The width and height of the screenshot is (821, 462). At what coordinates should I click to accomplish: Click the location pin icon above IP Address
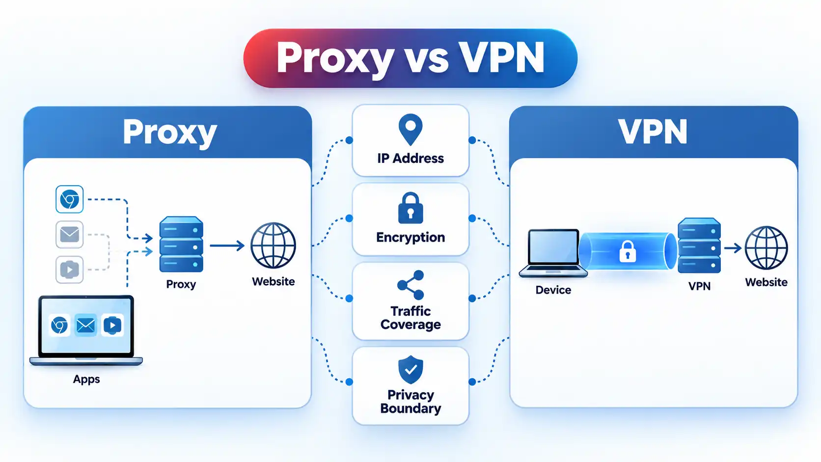pyautogui.click(x=410, y=129)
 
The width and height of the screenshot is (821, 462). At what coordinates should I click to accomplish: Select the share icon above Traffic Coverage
pyautogui.click(x=410, y=285)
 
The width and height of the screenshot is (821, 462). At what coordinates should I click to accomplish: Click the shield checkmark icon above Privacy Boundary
pyautogui.click(x=410, y=369)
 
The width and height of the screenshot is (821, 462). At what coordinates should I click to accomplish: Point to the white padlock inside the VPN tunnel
pyautogui.click(x=628, y=251)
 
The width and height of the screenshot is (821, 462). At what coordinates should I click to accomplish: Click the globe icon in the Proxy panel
pyautogui.click(x=273, y=245)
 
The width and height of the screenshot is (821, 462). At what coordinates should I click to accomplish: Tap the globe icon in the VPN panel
pyautogui.click(x=766, y=248)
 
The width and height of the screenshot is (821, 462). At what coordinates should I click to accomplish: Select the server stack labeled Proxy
pyautogui.click(x=181, y=245)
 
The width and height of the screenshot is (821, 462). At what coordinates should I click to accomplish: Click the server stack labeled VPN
pyautogui.click(x=699, y=245)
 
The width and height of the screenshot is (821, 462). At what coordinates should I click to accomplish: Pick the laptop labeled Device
pyautogui.click(x=553, y=253)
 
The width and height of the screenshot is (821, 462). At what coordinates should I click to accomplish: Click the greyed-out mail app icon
pyautogui.click(x=69, y=235)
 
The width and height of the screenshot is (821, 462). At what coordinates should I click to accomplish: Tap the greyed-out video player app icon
pyautogui.click(x=69, y=270)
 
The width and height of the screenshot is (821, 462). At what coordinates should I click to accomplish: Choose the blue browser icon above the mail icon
pyautogui.click(x=69, y=199)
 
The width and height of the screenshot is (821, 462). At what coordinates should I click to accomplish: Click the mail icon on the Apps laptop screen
pyautogui.click(x=86, y=325)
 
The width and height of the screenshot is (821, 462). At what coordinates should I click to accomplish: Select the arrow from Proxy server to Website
pyautogui.click(x=227, y=245)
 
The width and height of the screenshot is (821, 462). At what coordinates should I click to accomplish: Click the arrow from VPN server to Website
pyautogui.click(x=733, y=248)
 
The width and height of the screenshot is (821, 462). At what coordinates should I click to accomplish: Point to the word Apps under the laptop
pyautogui.click(x=86, y=379)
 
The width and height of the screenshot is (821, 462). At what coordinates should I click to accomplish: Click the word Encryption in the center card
pyautogui.click(x=410, y=238)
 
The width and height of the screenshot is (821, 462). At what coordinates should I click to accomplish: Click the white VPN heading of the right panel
pyautogui.click(x=653, y=132)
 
